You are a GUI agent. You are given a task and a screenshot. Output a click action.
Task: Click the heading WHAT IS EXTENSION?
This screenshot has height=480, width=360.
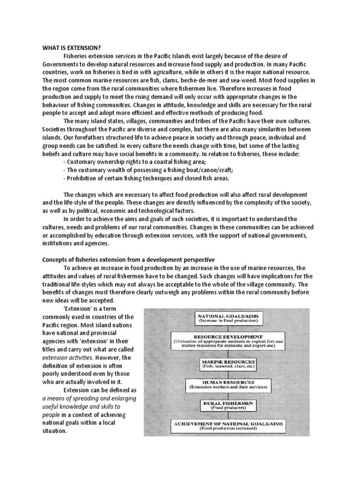point(71,48)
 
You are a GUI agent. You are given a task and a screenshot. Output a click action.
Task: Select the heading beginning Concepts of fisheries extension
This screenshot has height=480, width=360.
point(128,259)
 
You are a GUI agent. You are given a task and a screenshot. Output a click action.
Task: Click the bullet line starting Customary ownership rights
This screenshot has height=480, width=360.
point(120,162)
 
